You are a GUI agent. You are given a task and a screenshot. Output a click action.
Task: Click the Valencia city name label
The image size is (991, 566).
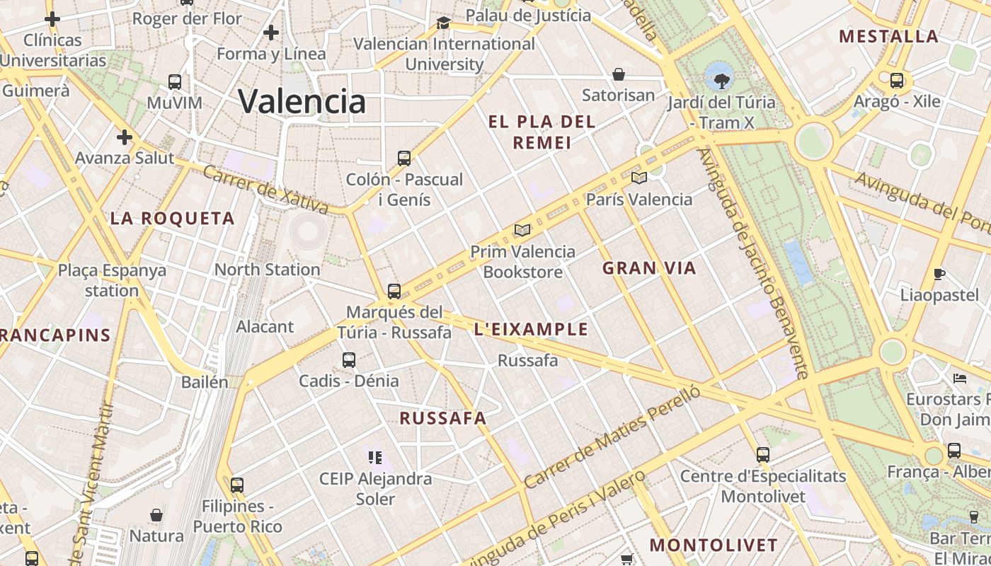coord(302,101)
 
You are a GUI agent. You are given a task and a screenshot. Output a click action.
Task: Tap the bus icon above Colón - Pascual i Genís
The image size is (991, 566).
coord(404,158)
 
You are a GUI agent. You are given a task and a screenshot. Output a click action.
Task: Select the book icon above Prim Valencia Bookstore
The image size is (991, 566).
coord(522,231)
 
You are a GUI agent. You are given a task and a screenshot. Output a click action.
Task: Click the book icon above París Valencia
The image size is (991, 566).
coord(638,178)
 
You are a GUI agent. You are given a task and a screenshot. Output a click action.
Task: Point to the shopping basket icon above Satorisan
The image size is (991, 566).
coord(619,74)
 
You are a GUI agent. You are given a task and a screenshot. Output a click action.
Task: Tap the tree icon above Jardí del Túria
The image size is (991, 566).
coord(721,81)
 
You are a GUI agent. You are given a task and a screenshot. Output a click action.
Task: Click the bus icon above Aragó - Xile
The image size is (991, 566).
coord(896,80)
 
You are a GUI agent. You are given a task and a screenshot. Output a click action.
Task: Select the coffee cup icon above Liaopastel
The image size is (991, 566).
coord(939,274)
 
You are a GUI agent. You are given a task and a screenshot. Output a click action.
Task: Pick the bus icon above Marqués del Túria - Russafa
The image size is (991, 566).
coord(394,291)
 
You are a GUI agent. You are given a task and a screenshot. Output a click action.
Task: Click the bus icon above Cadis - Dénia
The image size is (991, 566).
coord(348,359)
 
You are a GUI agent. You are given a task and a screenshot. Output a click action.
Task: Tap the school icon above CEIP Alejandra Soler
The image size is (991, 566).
coord(375,457)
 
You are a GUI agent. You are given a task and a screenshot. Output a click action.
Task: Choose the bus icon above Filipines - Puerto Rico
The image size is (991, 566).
coord(237,485)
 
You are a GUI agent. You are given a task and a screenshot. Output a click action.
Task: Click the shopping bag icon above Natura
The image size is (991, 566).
coord(156,514)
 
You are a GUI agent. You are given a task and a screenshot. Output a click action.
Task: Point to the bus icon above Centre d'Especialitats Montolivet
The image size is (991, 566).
coord(762,454)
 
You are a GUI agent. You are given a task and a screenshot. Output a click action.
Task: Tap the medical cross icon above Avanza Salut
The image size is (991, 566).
coord(125,137)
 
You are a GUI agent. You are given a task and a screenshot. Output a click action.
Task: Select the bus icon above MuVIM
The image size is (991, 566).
coord(175,81)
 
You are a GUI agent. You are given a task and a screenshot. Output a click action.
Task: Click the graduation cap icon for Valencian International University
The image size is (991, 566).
coord(444,23)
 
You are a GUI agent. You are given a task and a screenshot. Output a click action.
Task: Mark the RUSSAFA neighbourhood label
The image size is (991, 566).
coord(443,418)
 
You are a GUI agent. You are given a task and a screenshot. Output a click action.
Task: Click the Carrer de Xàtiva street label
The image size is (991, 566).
coord(265,189)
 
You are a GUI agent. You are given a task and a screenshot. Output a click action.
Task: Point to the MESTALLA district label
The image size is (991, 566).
coord(888,36)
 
